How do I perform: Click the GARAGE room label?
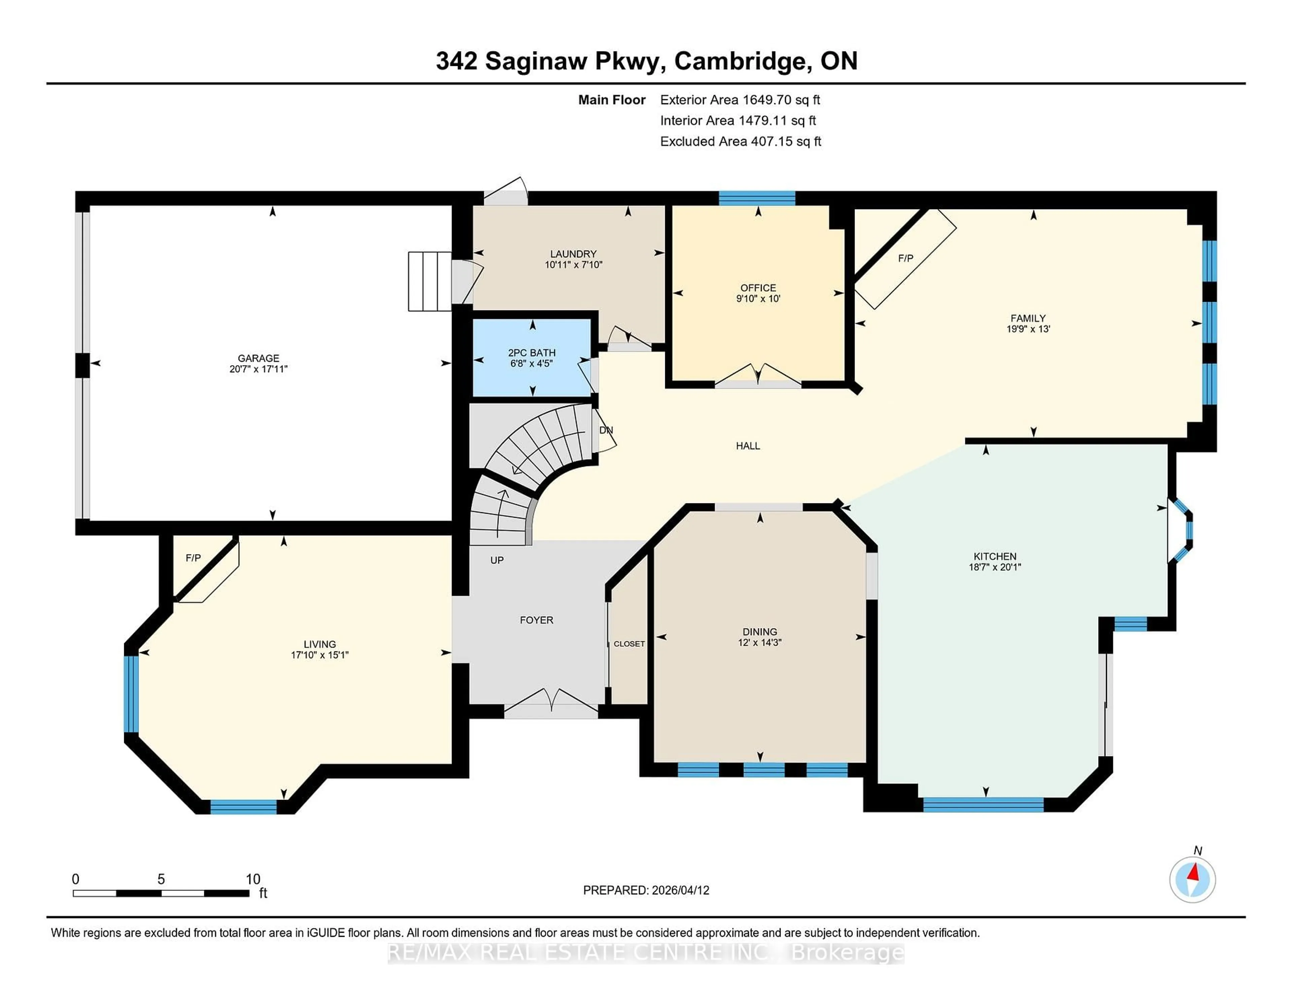point(258,358)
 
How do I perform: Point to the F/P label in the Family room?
point(905,258)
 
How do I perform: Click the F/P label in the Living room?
point(193,558)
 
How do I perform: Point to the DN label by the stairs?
point(606,430)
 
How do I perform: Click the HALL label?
point(747,446)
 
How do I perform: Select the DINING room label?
point(760,631)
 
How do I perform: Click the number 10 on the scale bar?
point(253,879)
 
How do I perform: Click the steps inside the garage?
point(429,281)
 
